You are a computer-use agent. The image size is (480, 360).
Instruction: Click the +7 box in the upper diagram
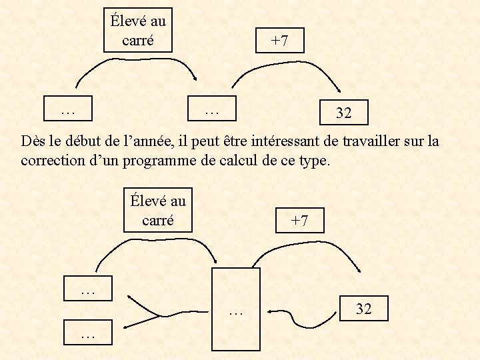point(279,41)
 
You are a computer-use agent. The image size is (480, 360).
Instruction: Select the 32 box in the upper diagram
point(343,113)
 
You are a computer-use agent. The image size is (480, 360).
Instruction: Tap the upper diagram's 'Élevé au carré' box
point(138,30)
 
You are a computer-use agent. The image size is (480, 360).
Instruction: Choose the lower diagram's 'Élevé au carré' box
point(158,210)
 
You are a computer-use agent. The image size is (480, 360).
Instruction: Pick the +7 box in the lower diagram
point(299,221)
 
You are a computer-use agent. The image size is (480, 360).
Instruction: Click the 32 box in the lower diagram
point(363,309)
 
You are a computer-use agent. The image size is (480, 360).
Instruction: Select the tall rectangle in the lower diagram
point(235,309)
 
